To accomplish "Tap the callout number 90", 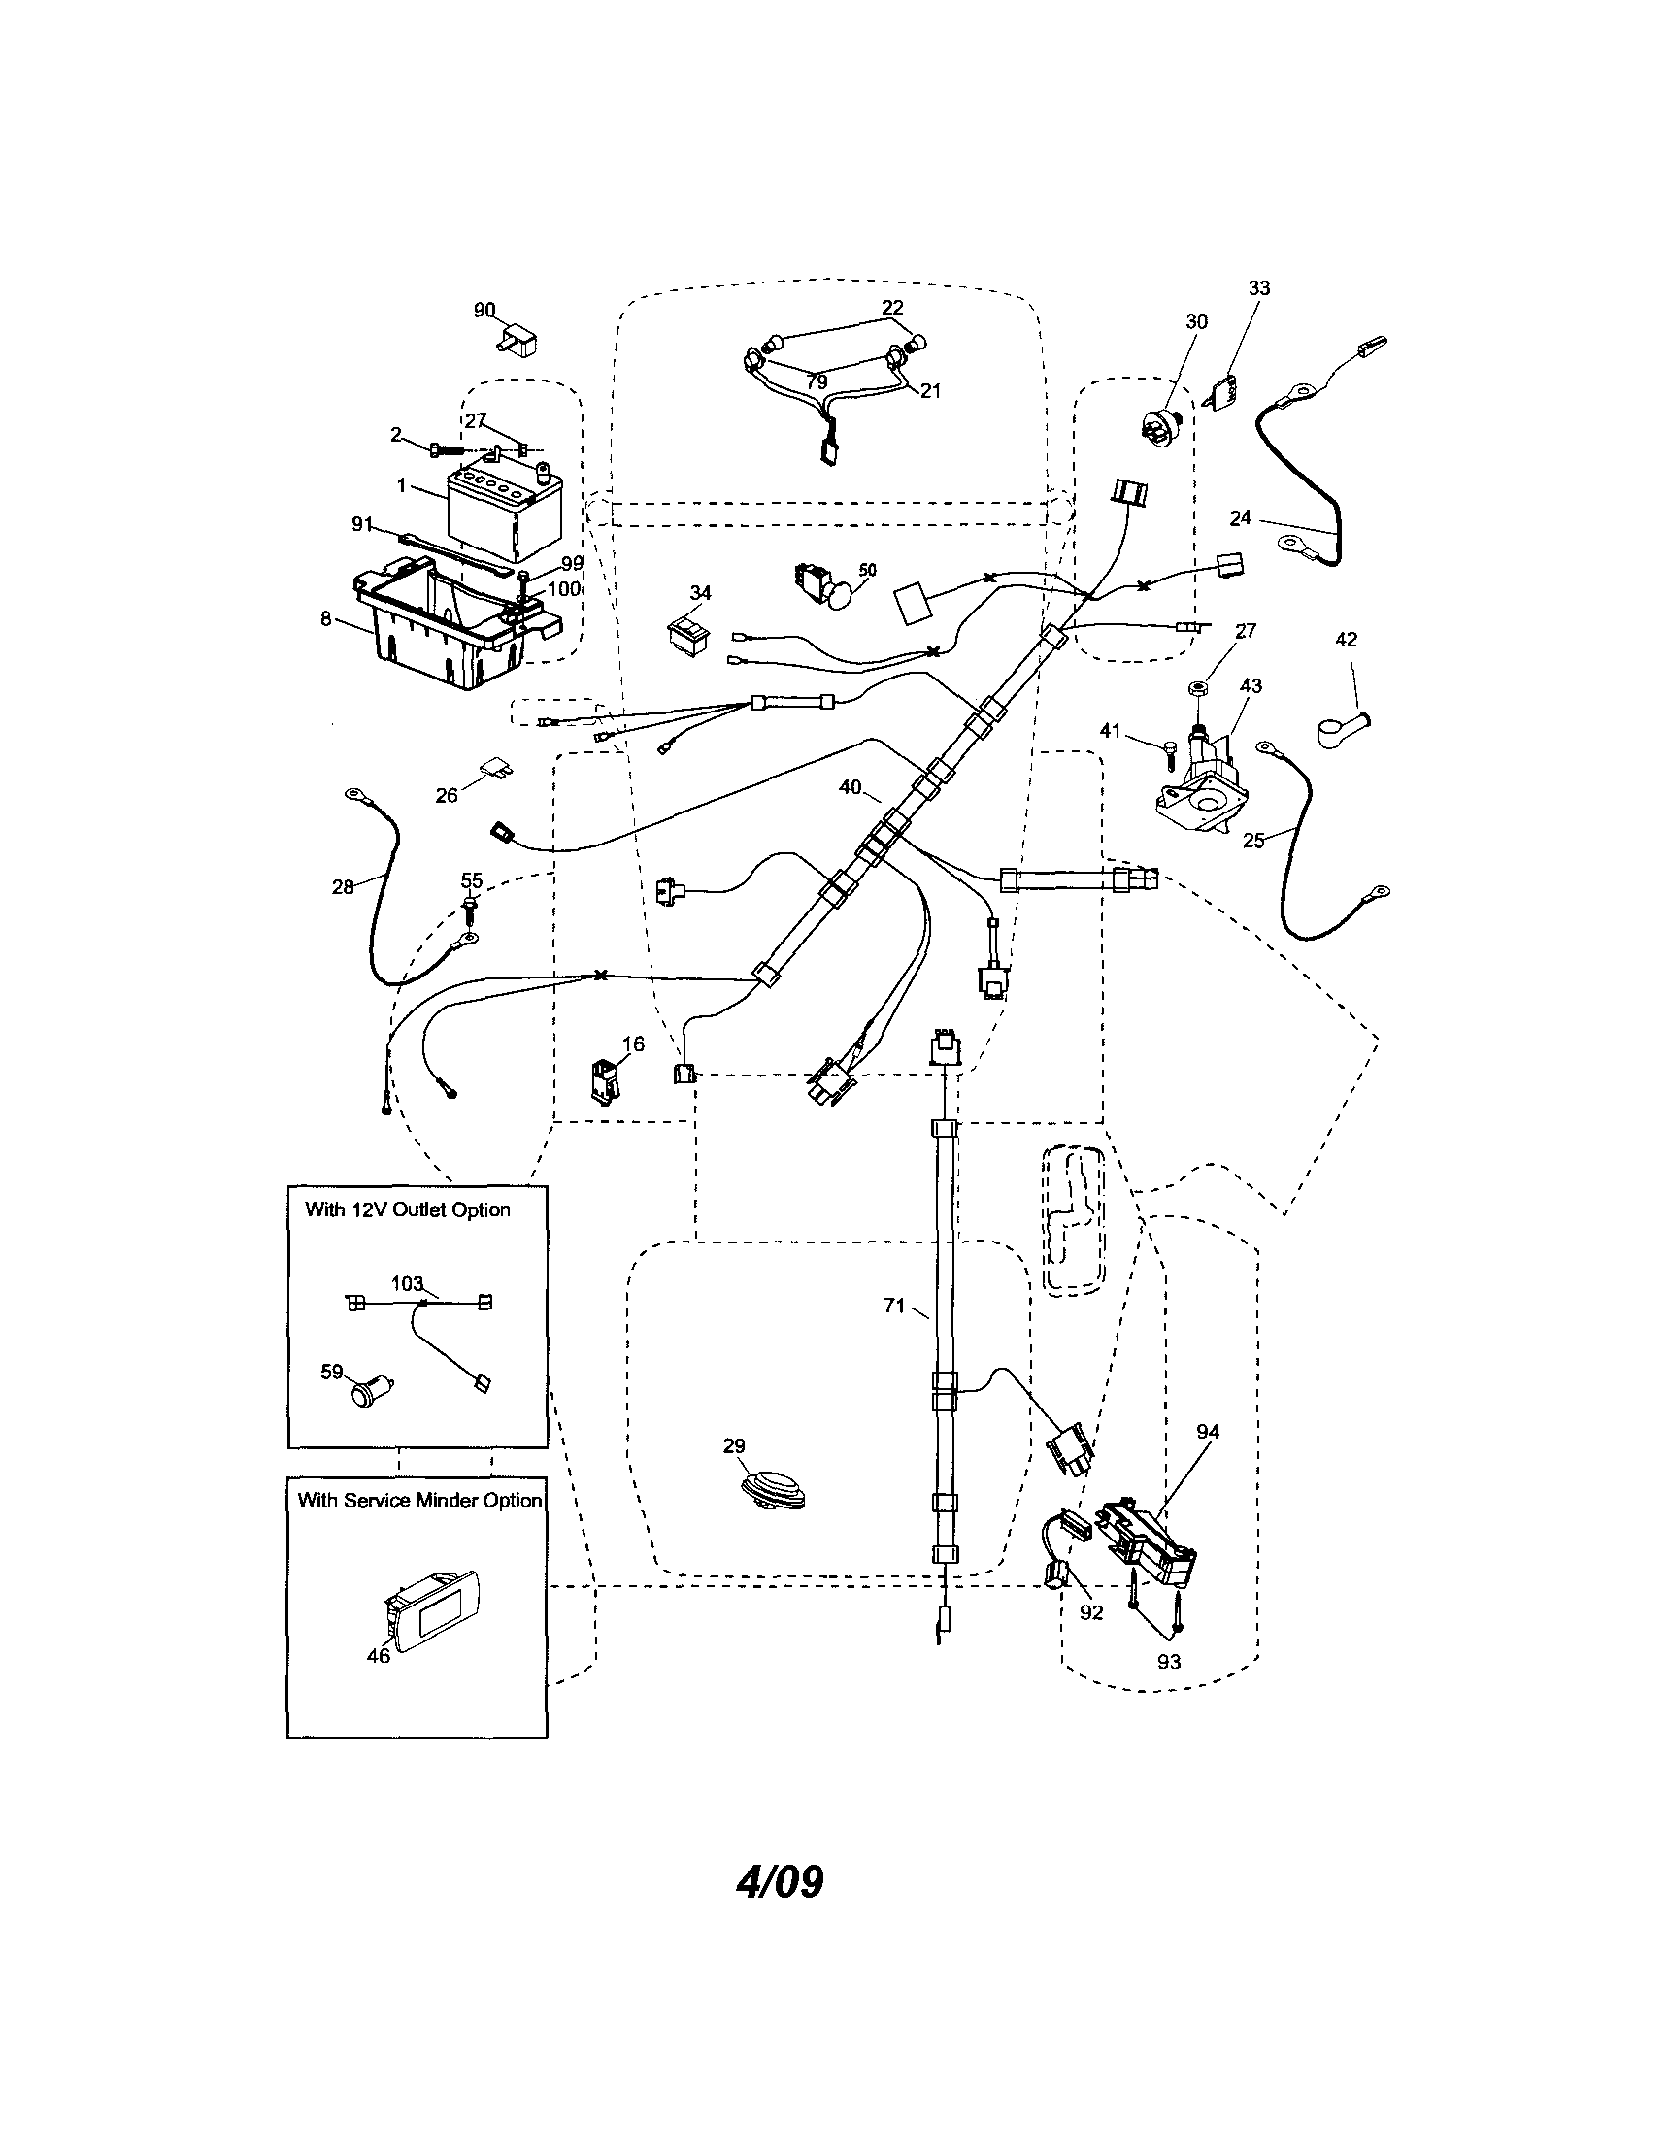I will pyautogui.click(x=484, y=311).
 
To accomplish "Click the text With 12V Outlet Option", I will pyautogui.click(x=407, y=1209).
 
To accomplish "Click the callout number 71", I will pyautogui.click(x=893, y=1306).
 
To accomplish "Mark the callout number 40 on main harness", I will pyautogui.click(x=850, y=787).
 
